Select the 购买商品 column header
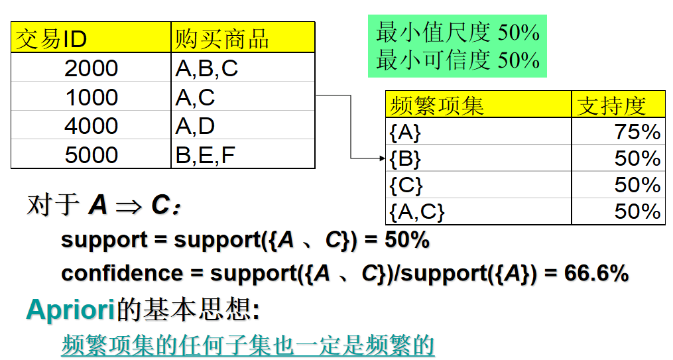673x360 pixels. click(221, 39)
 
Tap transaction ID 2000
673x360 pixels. click(92, 68)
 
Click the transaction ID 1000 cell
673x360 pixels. click(92, 97)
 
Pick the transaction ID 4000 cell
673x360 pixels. click(92, 126)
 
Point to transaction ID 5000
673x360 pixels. click(92, 155)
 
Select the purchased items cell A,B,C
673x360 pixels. click(206, 68)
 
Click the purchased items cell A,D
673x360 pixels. click(195, 126)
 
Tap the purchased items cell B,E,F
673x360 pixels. click(205, 155)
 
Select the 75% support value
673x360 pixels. click(637, 133)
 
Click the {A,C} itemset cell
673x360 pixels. click(416, 211)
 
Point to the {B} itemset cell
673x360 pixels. click(405, 159)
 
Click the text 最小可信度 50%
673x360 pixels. click(458, 60)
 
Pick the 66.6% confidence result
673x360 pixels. click(596, 273)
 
